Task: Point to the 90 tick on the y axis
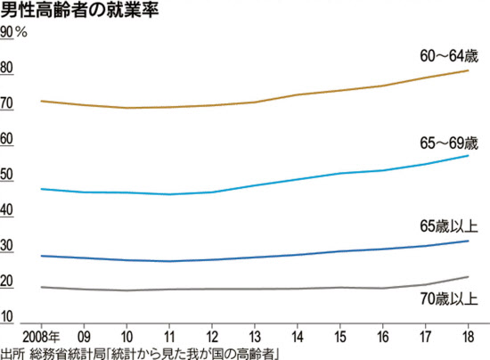[7, 32]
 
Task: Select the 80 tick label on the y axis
[7, 69]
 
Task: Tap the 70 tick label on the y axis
[7, 104]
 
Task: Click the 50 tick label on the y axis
[7, 176]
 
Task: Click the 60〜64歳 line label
[449, 55]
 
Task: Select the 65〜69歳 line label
[449, 143]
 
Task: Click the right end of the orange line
[469, 70]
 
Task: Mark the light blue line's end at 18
[469, 156]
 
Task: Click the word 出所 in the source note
[12, 353]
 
